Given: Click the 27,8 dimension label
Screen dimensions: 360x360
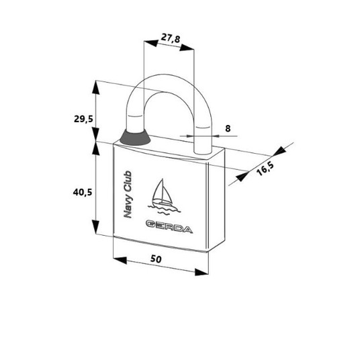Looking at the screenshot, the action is tap(171, 38).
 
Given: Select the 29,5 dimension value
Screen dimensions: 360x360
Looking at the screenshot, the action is tap(83, 119).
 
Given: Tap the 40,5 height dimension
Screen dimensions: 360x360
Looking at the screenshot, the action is tap(83, 192).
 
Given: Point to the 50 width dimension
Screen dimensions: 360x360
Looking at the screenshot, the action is tap(156, 259).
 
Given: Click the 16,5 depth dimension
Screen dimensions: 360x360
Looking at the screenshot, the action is tap(265, 169).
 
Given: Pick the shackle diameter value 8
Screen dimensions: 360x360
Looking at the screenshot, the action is tap(228, 128).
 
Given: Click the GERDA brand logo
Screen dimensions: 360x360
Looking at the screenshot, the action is tap(169, 227).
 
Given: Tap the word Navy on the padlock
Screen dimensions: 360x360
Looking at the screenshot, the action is tap(128, 206).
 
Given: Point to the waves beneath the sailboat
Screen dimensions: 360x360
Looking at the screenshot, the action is tap(164, 210).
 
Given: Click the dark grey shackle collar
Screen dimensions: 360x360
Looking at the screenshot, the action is tap(135, 138).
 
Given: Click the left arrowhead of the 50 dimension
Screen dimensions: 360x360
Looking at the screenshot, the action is tap(120, 261).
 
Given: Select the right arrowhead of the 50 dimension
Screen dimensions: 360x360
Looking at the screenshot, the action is tap(201, 272).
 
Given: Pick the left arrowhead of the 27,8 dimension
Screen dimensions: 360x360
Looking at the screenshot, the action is tap(151, 43).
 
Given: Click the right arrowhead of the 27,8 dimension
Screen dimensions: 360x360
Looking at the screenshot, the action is tap(187, 48).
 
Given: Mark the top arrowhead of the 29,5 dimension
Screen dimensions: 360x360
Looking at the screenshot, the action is tap(96, 87).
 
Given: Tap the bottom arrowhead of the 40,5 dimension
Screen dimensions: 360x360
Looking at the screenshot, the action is tap(96, 227).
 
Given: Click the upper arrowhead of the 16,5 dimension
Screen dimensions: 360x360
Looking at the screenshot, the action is tap(279, 151).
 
